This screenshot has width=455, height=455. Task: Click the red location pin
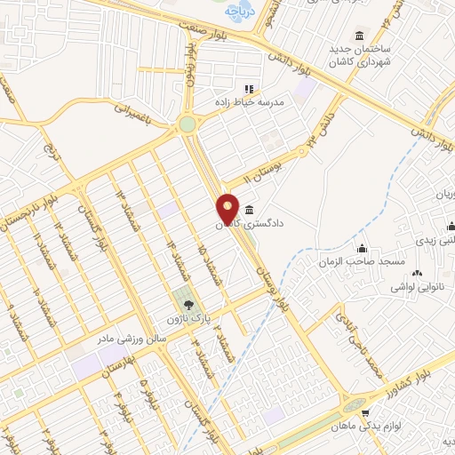[228, 209]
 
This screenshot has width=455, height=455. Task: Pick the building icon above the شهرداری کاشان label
[359, 36]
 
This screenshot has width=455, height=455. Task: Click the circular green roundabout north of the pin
[188, 125]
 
